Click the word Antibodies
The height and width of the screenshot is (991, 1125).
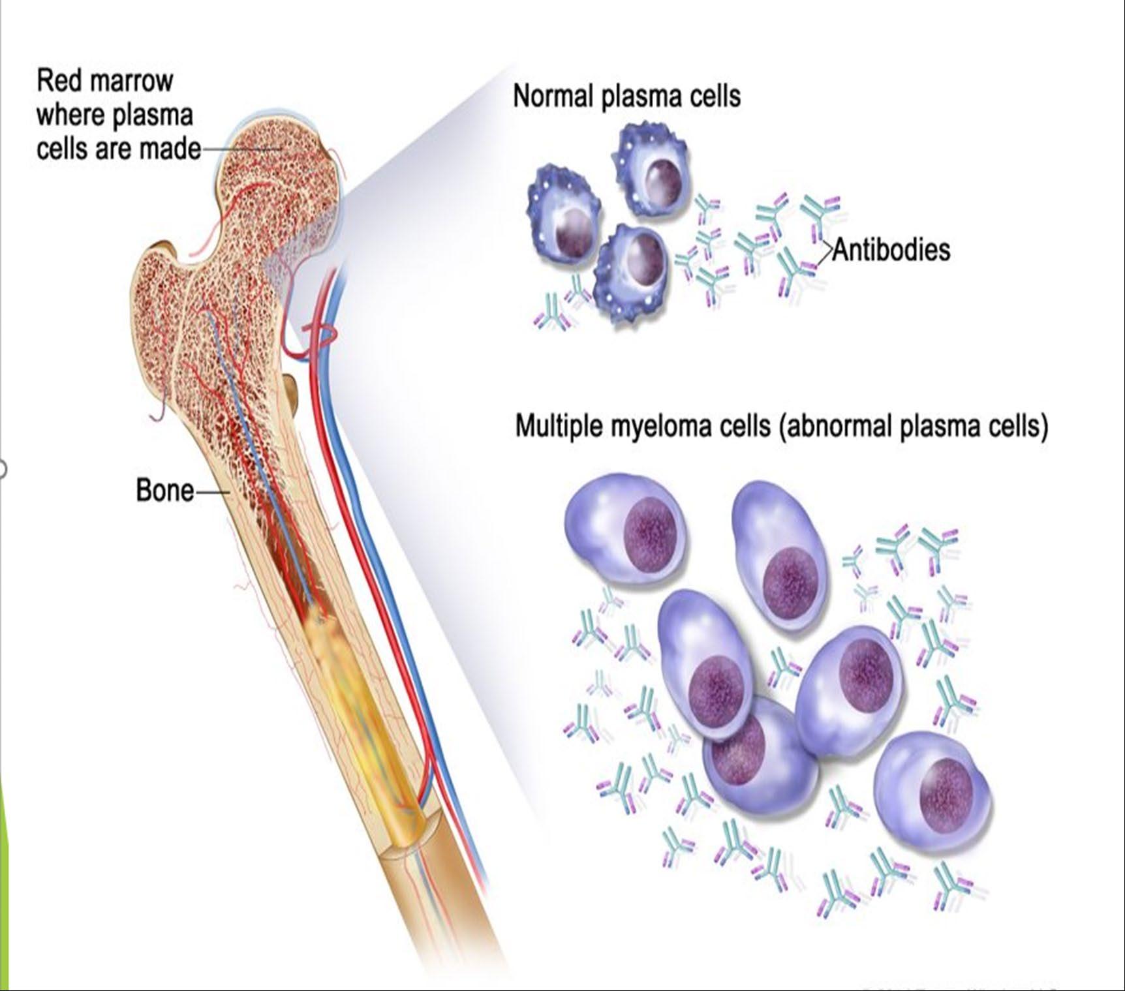[891, 250]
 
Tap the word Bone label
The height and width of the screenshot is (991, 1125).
[164, 491]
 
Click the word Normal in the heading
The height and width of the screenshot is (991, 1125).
[553, 97]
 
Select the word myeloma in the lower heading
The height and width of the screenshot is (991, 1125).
[661, 427]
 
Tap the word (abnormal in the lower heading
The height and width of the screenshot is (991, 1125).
[835, 427]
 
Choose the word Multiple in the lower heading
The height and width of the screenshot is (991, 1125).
[559, 427]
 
